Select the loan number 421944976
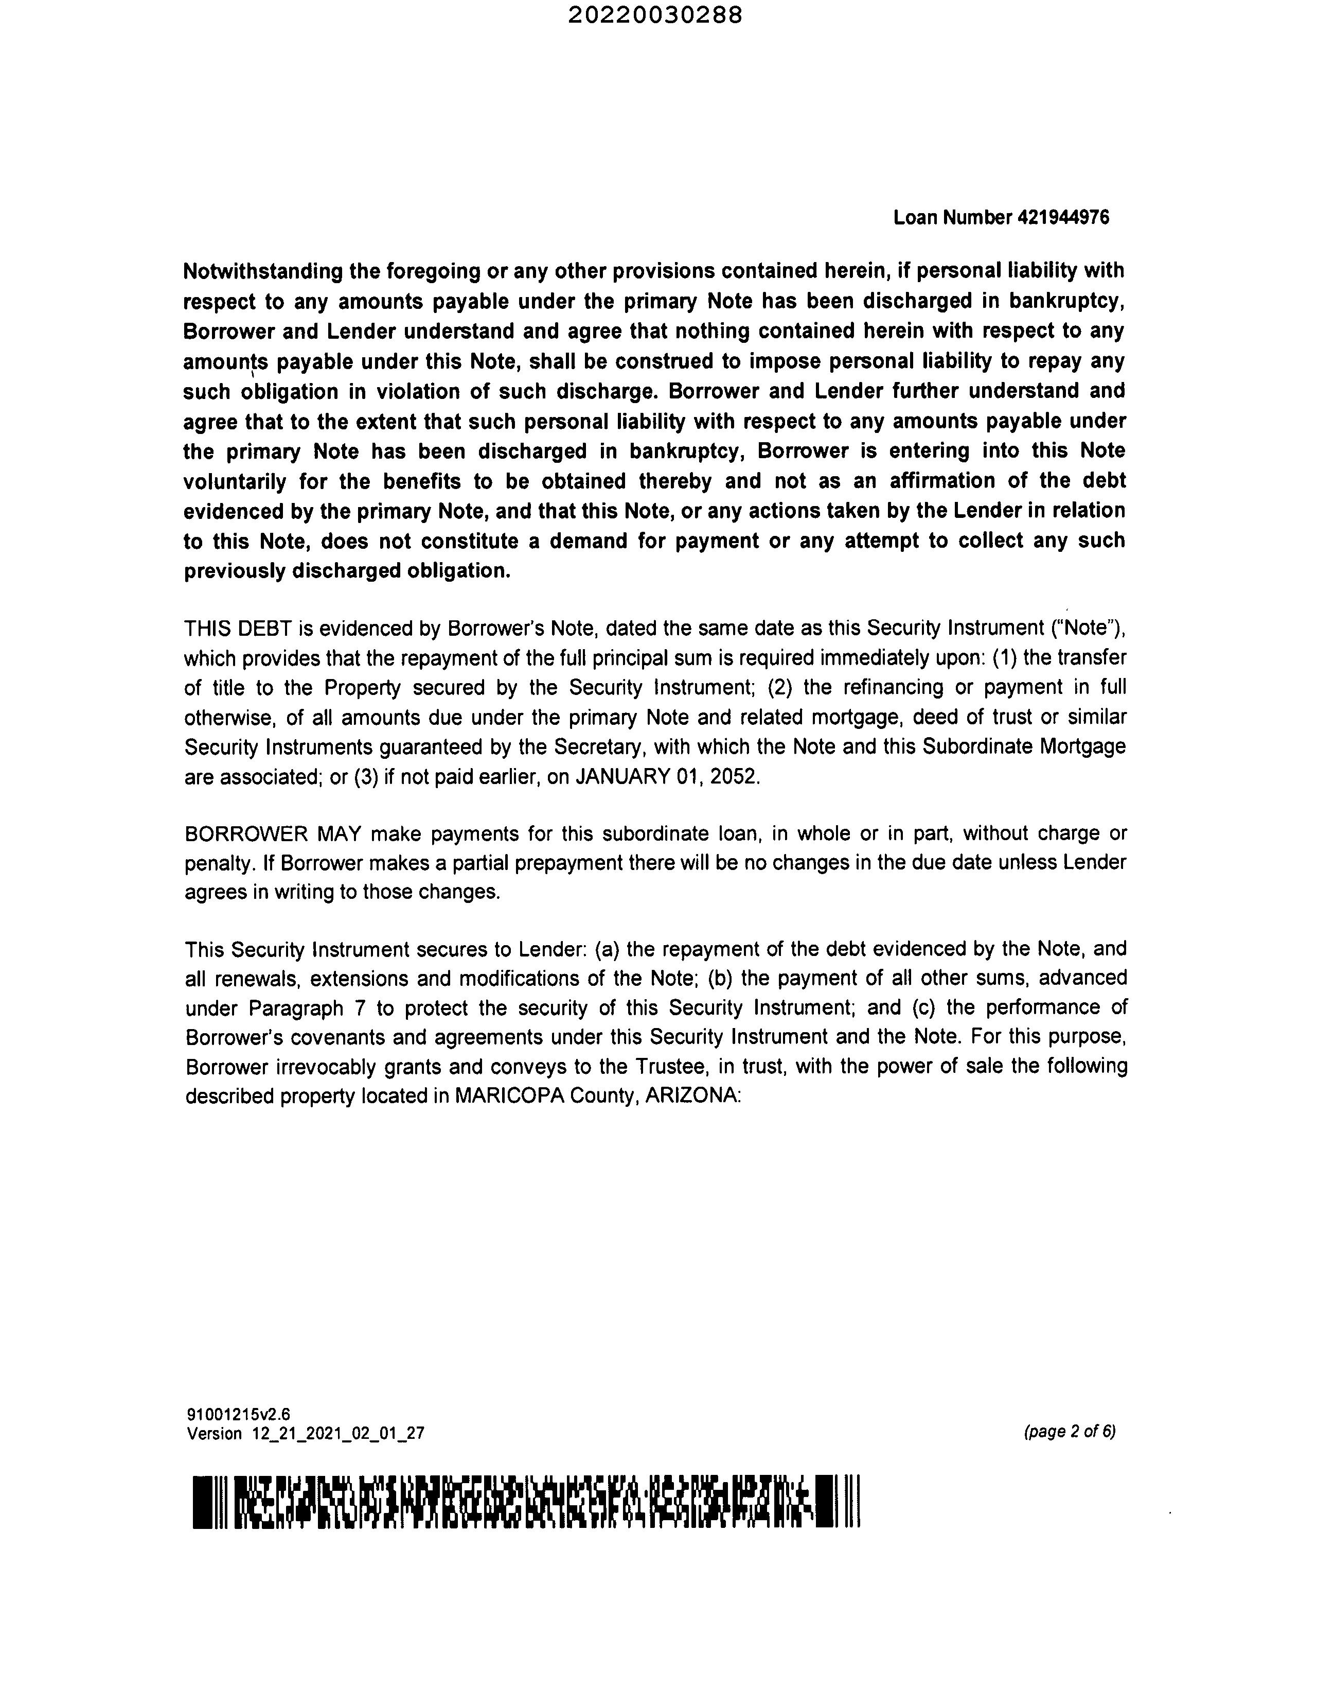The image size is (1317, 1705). click(x=1063, y=217)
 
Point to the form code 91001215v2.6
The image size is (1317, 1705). click(x=238, y=1414)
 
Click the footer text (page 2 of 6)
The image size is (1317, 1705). click(x=1070, y=1431)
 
